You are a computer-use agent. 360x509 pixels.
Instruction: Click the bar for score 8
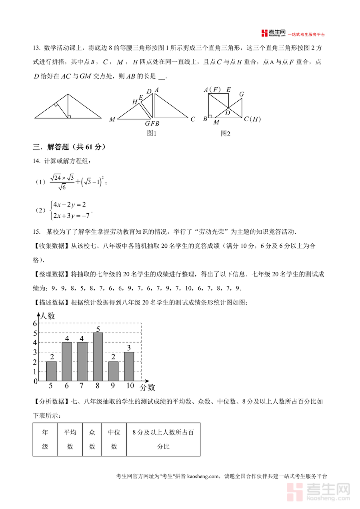[98, 357]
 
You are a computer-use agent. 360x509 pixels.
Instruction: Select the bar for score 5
[51, 371]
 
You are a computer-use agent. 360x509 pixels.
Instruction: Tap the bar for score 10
[129, 366]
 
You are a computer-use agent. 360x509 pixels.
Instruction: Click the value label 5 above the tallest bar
[98, 329]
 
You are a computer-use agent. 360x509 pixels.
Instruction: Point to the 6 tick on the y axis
[35, 323]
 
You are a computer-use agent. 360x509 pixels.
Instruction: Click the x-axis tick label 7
[82, 386]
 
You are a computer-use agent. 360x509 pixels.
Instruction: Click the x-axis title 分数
[147, 387]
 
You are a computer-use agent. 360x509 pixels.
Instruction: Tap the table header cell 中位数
[114, 439]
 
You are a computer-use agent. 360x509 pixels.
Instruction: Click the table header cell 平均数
[70, 439]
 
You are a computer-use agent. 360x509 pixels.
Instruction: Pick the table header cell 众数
[92, 439]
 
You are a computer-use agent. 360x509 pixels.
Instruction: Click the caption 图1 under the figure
[152, 133]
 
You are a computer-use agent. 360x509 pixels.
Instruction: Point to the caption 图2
[226, 133]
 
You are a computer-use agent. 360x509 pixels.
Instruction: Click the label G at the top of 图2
[242, 94]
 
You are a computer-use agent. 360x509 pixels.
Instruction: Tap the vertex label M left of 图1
[112, 119]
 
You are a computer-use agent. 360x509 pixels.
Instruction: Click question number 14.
[37, 161]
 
